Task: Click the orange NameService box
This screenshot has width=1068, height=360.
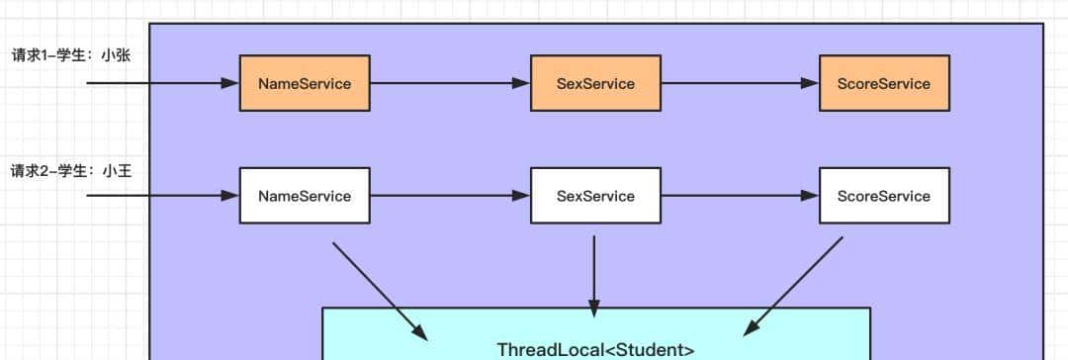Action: pyautogui.click(x=305, y=83)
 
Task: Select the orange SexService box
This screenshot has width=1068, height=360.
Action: pyautogui.click(x=595, y=83)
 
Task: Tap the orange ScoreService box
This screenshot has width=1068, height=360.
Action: pyautogui.click(x=884, y=83)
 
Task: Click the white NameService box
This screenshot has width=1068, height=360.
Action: pyautogui.click(x=305, y=196)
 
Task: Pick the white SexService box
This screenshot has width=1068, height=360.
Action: pyautogui.click(x=595, y=196)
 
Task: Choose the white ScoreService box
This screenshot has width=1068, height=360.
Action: pyautogui.click(x=884, y=196)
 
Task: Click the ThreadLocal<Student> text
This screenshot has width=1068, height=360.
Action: pyautogui.click(x=595, y=349)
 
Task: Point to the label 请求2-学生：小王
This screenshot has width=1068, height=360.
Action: pyautogui.click(x=70, y=170)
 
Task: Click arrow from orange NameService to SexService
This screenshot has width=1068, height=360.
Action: pyautogui.click(x=450, y=83)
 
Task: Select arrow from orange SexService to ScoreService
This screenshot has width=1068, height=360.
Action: pyautogui.click(x=740, y=83)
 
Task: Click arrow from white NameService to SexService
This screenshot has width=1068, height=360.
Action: pyautogui.click(x=450, y=196)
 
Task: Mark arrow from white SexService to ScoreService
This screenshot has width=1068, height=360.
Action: pyautogui.click(x=740, y=196)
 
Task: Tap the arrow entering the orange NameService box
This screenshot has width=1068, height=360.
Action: pyautogui.click(x=163, y=83)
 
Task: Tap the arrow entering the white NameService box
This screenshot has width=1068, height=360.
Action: pyautogui.click(x=163, y=196)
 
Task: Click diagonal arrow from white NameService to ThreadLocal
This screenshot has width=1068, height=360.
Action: pyautogui.click(x=380, y=290)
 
